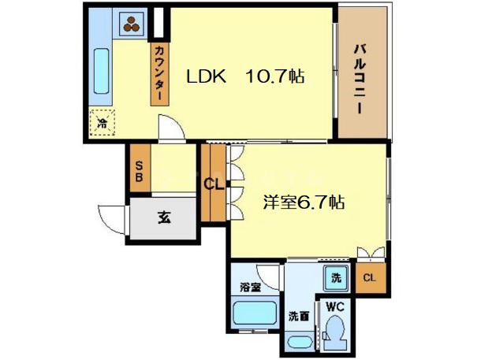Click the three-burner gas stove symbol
tap(132, 24)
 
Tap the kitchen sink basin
tap(101, 71)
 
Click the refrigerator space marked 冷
tap(103, 123)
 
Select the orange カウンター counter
tap(159, 73)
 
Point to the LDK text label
tap(207, 76)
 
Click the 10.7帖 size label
tap(274, 76)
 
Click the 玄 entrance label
tap(165, 217)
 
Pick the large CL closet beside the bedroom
tap(214, 183)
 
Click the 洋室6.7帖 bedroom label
tap(304, 202)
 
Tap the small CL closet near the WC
tap(370, 277)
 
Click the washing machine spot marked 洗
tap(337, 278)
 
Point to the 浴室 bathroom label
tap(251, 288)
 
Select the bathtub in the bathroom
tap(255, 313)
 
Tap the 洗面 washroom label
tap(299, 316)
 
